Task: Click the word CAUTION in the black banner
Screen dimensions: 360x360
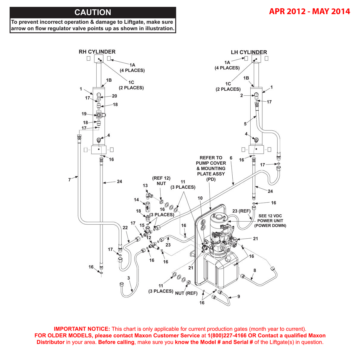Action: (x=93, y=12)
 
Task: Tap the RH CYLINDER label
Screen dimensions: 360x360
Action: (x=97, y=52)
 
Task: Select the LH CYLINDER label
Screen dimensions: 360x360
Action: (x=249, y=52)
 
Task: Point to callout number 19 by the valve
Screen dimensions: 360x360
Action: (x=84, y=114)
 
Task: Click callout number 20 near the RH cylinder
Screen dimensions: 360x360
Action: (x=115, y=96)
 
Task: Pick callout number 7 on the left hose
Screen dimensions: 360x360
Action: (x=69, y=180)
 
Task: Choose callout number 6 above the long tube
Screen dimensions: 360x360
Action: (x=231, y=158)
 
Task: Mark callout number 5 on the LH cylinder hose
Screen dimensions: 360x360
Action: (x=245, y=124)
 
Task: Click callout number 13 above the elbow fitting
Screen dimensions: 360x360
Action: (x=145, y=186)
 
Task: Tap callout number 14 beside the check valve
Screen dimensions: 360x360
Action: (x=136, y=200)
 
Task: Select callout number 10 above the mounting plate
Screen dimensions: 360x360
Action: (x=200, y=198)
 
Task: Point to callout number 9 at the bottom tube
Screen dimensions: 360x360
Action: (x=239, y=297)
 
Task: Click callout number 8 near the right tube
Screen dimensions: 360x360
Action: (x=255, y=270)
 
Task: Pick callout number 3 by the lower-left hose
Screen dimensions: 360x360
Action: (x=129, y=278)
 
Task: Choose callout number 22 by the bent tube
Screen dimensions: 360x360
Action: (x=125, y=228)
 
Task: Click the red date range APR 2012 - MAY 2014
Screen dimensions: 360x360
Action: (x=309, y=11)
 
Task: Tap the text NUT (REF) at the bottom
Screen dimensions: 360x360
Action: (x=186, y=293)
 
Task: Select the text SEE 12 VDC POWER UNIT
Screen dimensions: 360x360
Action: (x=270, y=218)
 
